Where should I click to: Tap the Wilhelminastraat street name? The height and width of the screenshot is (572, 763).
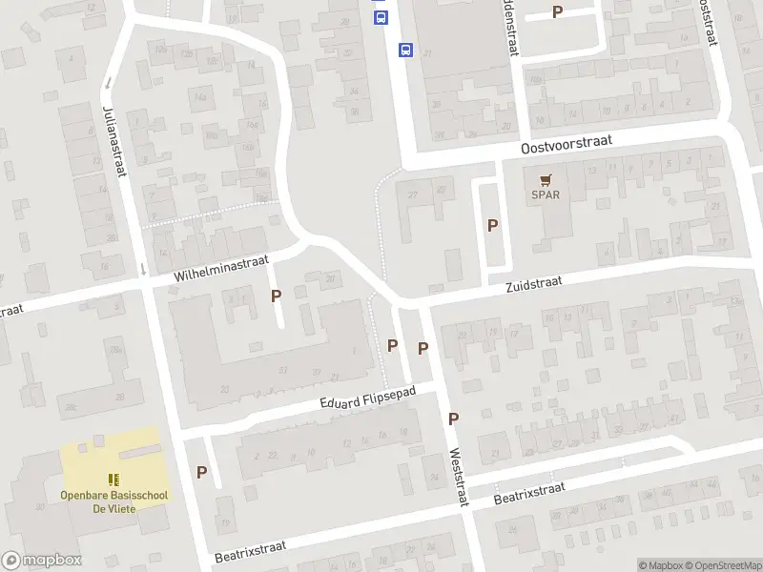(221, 267)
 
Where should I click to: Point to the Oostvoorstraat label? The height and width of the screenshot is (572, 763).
(566, 144)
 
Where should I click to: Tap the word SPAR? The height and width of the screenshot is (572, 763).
(546, 195)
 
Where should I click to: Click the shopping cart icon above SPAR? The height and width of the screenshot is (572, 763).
(546, 179)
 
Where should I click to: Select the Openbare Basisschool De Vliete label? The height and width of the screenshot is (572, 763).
(113, 501)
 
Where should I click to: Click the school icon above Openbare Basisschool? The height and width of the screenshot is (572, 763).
(113, 480)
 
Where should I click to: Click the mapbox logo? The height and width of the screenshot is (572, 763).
(41, 561)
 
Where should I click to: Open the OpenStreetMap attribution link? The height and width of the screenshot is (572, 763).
(722, 565)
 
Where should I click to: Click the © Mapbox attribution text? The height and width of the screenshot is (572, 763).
(660, 565)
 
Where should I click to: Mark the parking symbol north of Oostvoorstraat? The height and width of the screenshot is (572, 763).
(558, 12)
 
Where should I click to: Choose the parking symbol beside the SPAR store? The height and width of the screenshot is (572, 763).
(492, 226)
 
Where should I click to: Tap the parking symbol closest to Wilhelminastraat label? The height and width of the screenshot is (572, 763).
(276, 296)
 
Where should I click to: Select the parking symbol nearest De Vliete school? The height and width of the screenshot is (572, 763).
(201, 472)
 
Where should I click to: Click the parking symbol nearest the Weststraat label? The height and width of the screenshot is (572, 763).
(453, 419)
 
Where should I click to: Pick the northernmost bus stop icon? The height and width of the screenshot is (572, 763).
(381, 17)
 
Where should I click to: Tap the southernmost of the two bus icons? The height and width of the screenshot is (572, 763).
(405, 50)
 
